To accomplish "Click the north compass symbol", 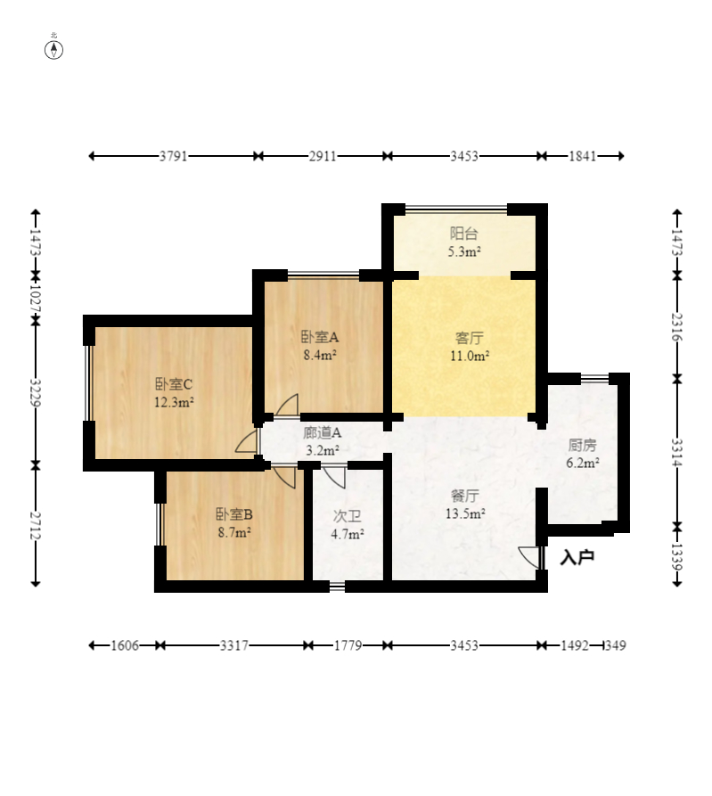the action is point(53,50).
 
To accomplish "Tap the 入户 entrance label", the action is point(577,558).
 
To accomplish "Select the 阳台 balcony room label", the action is point(464,234).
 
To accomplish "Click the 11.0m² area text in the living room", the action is point(470,356).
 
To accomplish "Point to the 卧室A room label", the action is point(320,337).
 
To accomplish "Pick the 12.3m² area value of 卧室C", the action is point(174,403).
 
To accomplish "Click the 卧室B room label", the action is point(234,514).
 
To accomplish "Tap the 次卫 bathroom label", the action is point(348,516).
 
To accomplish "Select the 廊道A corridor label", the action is point(323,433).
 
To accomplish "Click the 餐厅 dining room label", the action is point(465,496).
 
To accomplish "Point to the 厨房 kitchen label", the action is point(582,445).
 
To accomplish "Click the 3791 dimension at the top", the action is point(174,156).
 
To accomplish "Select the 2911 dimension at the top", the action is point(323,156).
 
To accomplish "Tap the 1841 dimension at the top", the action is point(583,156).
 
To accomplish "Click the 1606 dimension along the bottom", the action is point(125,645).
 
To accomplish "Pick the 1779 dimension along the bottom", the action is point(348,645).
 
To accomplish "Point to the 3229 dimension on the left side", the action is point(36,392).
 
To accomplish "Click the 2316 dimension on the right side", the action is point(677,327).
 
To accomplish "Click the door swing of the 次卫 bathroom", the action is point(334,477).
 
